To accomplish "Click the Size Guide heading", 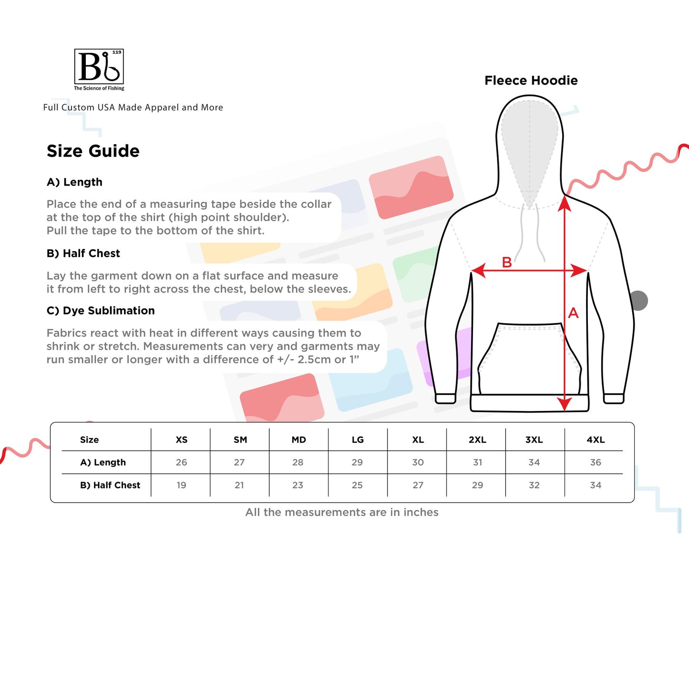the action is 93,151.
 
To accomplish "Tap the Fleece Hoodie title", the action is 531,81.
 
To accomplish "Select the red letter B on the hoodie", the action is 507,262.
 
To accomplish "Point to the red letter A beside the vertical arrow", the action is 573,313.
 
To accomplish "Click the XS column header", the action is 181,440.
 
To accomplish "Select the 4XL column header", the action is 596,440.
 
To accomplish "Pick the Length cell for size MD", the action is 298,463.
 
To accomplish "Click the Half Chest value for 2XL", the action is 477,485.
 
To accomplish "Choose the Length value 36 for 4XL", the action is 596,463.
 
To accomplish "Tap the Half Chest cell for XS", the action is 181,485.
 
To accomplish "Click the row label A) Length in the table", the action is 103,463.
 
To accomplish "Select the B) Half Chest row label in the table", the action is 110,485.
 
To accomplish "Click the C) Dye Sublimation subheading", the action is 101,310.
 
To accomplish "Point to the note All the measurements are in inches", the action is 342,512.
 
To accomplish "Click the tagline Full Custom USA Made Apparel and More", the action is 133,107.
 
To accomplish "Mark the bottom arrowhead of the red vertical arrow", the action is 564,404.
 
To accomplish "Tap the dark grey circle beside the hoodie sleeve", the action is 639,301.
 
